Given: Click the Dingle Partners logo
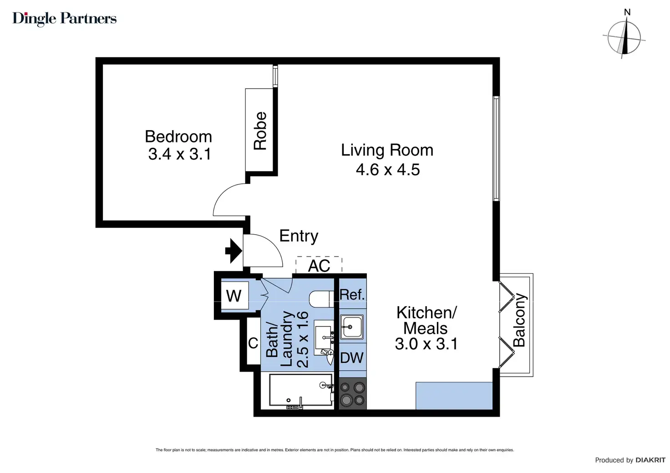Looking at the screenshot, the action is click(x=64, y=19).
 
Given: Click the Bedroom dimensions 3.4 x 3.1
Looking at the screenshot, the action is click(x=180, y=154).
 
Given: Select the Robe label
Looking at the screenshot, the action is click(x=260, y=131).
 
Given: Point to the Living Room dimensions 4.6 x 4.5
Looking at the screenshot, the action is click(x=388, y=170).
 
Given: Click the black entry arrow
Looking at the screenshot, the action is click(x=233, y=251).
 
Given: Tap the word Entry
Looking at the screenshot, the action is click(x=299, y=236).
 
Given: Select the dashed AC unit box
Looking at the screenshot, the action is click(x=319, y=265).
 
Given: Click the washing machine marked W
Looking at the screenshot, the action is click(x=234, y=296).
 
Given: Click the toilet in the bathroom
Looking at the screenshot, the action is click(x=321, y=299).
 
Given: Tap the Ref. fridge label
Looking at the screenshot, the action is click(x=352, y=295).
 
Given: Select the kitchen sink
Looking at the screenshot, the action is click(x=352, y=327).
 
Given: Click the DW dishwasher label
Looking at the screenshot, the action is click(x=352, y=357).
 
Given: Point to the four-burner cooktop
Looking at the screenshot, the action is click(x=352, y=393).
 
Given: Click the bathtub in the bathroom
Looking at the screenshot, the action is click(x=301, y=390).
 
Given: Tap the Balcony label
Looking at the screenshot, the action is click(x=519, y=320).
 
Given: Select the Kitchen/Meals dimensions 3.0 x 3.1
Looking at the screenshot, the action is click(x=426, y=344).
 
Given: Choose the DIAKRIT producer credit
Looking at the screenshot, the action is click(x=630, y=460).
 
